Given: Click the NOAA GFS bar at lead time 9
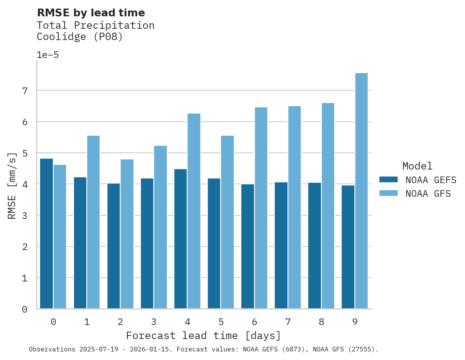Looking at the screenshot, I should pos(361,191).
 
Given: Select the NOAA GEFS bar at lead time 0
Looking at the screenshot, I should pos(47,234).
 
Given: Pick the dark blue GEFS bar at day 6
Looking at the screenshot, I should pos(247,246).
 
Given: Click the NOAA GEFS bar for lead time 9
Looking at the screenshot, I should pos(348,247).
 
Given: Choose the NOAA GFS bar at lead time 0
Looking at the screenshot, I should pos(60,237).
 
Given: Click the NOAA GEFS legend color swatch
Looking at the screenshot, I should pos(388,179).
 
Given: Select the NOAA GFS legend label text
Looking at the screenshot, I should pos(428,194).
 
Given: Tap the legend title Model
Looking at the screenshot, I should pos(417,166).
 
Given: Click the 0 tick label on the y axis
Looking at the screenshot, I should pos(25,309).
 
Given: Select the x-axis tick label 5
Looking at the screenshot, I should pos(221,322).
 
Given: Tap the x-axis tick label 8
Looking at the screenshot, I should pos(321,322).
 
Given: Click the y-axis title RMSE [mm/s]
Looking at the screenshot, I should pos(12,185).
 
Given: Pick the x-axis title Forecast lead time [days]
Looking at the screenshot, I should pos(203,336).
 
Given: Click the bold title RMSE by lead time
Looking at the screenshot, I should pos(91,13).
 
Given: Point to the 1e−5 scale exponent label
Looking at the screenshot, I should pos(47,55).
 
